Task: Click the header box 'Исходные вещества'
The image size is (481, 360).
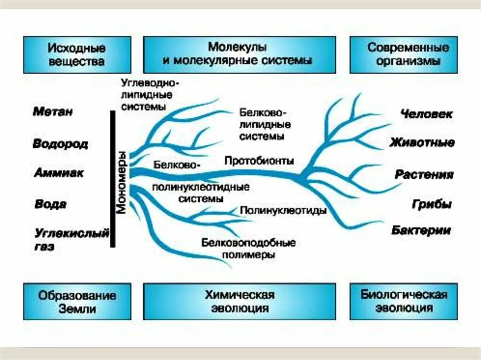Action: click(76, 55)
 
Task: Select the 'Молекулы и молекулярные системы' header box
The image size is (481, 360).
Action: click(239, 54)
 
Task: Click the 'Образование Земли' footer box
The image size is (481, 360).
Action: click(77, 301)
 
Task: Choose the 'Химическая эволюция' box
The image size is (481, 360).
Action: click(239, 301)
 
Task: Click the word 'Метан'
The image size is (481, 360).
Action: click(53, 112)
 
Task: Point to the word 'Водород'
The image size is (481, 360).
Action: click(60, 144)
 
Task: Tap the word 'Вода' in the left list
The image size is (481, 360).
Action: click(50, 204)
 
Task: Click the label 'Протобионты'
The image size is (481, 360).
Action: click(259, 161)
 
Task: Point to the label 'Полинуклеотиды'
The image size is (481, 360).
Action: click(283, 211)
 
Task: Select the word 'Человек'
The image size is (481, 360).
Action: click(427, 114)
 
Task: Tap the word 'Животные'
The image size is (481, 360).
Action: click(421, 143)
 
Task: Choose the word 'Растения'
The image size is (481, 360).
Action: click(424, 175)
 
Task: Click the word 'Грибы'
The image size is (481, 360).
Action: click(432, 204)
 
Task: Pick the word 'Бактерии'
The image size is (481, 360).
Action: click(421, 230)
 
